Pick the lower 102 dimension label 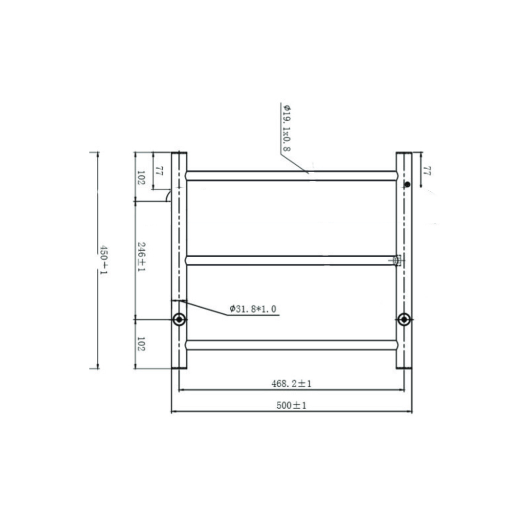pyautogui.click(x=141, y=344)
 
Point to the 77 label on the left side pyautogui.click(x=159, y=171)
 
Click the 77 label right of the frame pyautogui.click(x=426, y=171)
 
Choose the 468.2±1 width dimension pyautogui.click(x=292, y=384)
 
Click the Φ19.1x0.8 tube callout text pyautogui.click(x=286, y=127)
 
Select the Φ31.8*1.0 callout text pyautogui.click(x=253, y=309)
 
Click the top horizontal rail pyautogui.click(x=291, y=176)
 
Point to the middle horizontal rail pyautogui.click(x=291, y=260)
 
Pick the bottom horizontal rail pyautogui.click(x=291, y=345)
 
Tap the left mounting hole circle pyautogui.click(x=179, y=320)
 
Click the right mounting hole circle pyautogui.click(x=404, y=320)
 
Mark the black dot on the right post pyautogui.click(x=407, y=184)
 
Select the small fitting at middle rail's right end pyautogui.click(x=397, y=261)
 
